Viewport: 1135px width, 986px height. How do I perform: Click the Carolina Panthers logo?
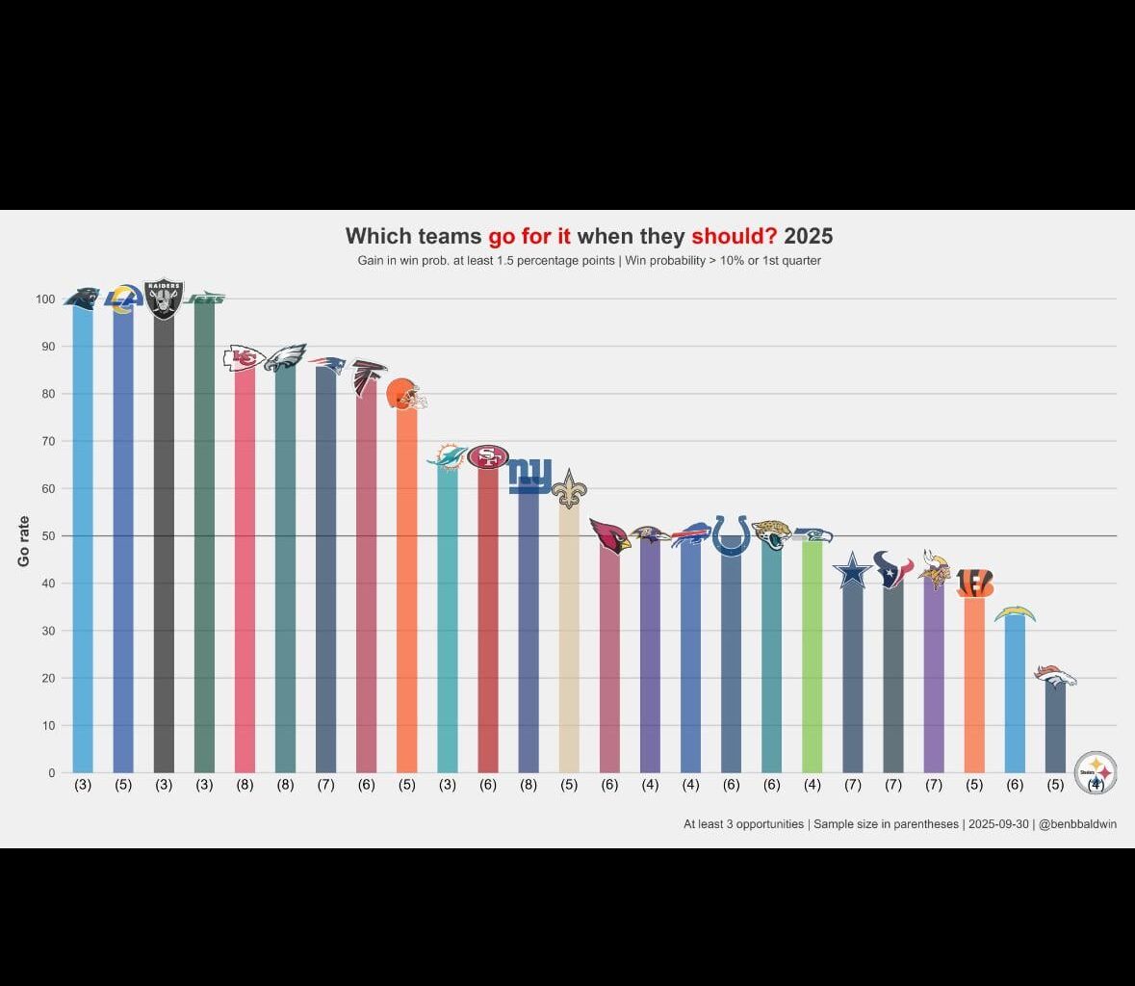(x=82, y=298)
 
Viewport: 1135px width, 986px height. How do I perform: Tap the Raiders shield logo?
(x=164, y=299)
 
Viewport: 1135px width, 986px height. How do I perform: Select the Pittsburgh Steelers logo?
(x=1096, y=771)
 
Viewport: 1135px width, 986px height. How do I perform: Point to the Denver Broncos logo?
(x=1055, y=677)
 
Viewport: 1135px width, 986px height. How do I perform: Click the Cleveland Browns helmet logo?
(x=405, y=394)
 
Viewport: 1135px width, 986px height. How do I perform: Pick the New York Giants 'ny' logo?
(x=529, y=476)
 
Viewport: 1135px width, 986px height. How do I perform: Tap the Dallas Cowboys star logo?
(x=852, y=572)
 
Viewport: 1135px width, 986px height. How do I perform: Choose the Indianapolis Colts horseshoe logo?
(x=731, y=535)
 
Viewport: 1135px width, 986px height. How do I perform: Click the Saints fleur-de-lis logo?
(x=569, y=489)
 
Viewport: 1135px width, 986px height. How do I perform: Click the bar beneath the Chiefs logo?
(x=245, y=578)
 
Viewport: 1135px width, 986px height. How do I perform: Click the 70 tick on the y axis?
(x=45, y=441)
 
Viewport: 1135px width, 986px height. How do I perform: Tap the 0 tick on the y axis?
(x=51, y=772)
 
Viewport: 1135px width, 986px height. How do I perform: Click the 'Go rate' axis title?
(x=24, y=541)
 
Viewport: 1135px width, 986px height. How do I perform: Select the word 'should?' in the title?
(x=734, y=236)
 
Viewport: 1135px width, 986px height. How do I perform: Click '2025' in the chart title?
(x=809, y=236)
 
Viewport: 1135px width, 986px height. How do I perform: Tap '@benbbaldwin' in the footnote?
(x=1077, y=824)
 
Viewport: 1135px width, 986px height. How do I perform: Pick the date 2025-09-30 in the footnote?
(x=998, y=824)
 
